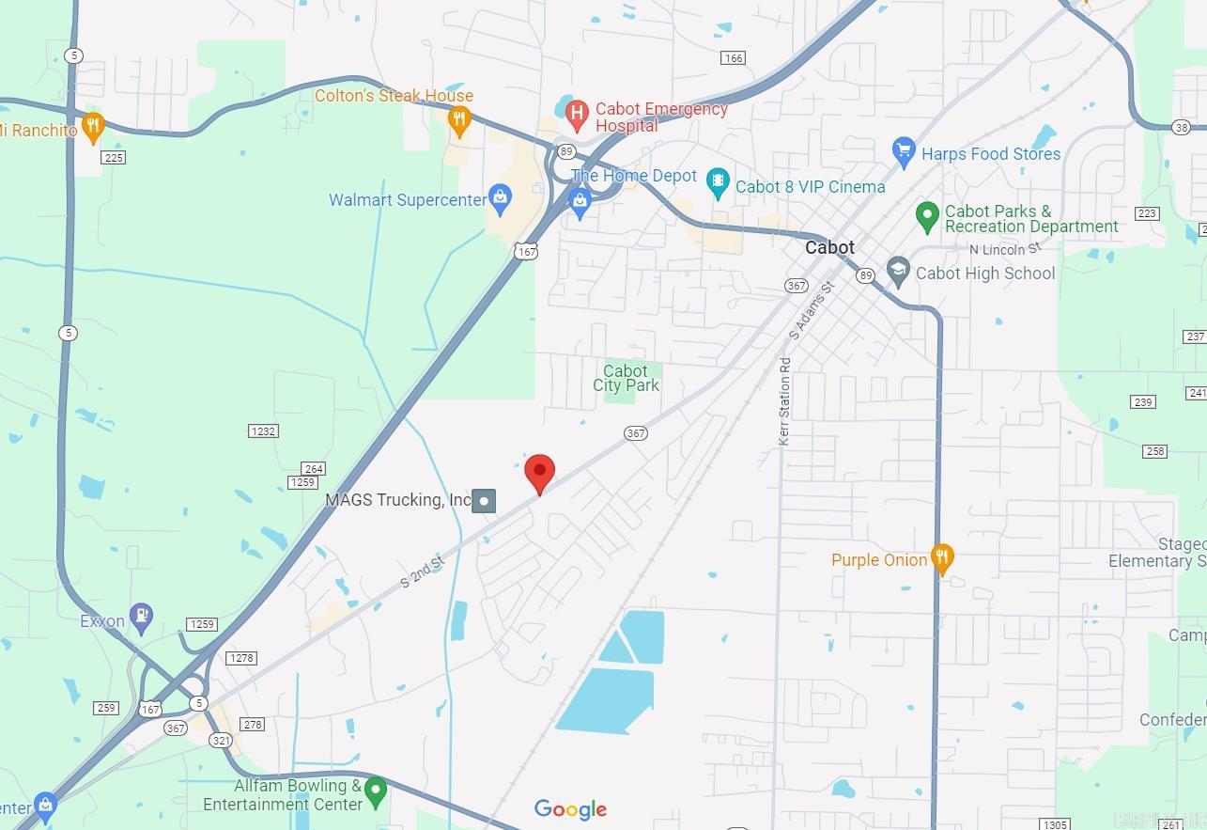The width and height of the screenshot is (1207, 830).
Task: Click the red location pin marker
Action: click(539, 472)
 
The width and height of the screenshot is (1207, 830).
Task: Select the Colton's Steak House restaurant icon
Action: click(459, 119)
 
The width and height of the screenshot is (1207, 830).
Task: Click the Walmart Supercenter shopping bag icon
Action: click(500, 197)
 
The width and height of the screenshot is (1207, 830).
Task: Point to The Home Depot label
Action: click(633, 176)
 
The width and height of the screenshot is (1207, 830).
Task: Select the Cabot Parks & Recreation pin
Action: click(927, 216)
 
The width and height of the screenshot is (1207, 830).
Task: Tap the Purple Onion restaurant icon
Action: click(942, 557)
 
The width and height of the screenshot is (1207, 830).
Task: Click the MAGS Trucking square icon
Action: click(484, 501)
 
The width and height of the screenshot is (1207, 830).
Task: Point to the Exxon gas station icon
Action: click(141, 617)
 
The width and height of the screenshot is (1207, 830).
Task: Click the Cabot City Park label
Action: click(626, 378)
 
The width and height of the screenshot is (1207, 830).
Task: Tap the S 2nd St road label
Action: click(422, 572)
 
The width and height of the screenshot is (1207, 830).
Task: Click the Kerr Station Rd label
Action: click(784, 399)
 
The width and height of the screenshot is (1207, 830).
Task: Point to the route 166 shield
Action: click(733, 58)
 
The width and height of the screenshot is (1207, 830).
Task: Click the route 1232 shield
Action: click(263, 431)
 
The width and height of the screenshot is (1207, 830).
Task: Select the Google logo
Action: click(570, 809)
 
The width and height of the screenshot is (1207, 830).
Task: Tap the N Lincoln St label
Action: click(1006, 249)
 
